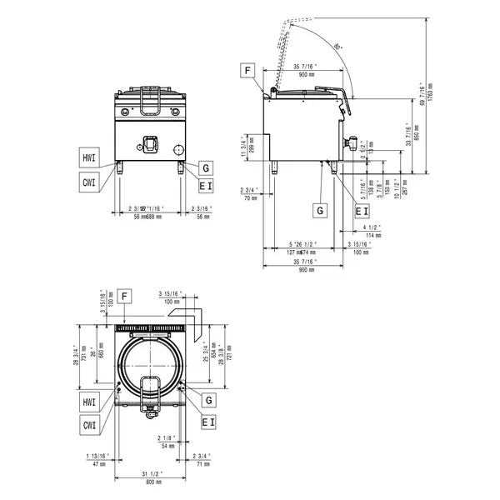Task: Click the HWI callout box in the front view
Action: coord(88,157)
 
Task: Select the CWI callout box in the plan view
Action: coord(88,425)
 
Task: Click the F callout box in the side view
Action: coord(247,71)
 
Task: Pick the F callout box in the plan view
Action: coord(124,296)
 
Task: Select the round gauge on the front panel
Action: coord(177,150)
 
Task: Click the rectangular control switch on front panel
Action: coord(150,144)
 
